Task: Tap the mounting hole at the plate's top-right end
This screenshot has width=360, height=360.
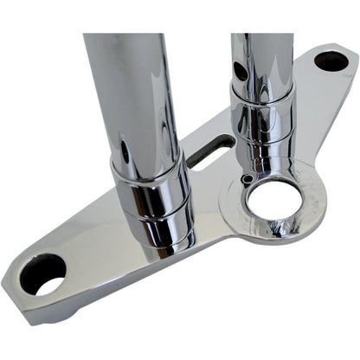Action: click(331, 61)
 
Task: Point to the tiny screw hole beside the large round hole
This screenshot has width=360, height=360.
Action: click(248, 178)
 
